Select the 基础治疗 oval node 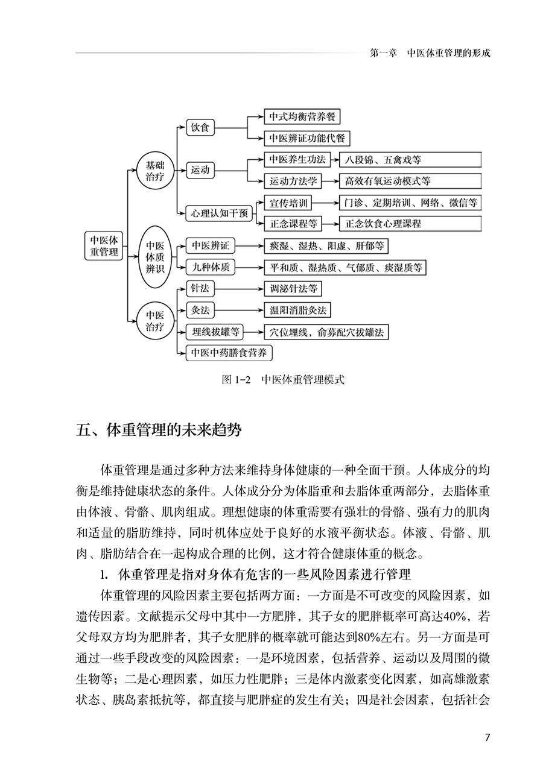(x=155, y=170)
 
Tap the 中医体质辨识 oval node (x=155, y=257)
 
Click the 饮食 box (x=201, y=128)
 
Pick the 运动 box (x=201, y=170)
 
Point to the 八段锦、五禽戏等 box (x=410, y=160)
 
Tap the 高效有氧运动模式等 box (x=410, y=181)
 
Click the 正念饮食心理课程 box (x=410, y=223)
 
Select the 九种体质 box (x=209, y=267)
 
